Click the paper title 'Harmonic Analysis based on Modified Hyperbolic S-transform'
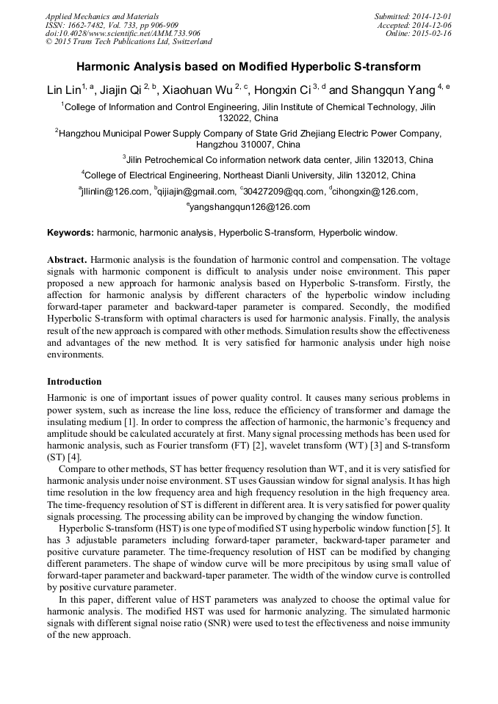tap(248, 67)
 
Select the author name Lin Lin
tap(63, 90)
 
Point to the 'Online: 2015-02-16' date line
tap(418, 33)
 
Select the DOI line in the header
tap(123, 33)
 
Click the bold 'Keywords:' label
tap(70, 233)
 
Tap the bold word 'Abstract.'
tap(67, 260)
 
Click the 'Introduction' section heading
tap(74, 382)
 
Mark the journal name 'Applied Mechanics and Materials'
tap(101, 15)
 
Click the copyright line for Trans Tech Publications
tap(129, 42)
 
